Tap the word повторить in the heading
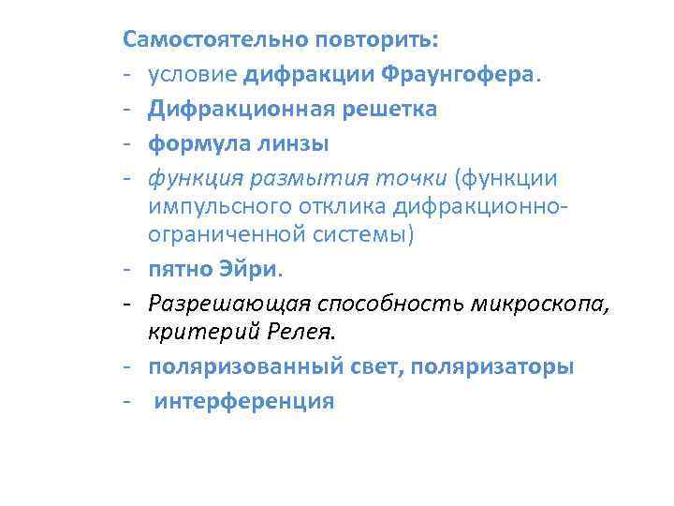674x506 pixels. pyautogui.click(x=375, y=40)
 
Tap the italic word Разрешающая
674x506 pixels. pyautogui.click(x=228, y=305)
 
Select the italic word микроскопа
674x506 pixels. pyautogui.click(x=539, y=305)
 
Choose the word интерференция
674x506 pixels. pyautogui.click(x=244, y=401)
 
